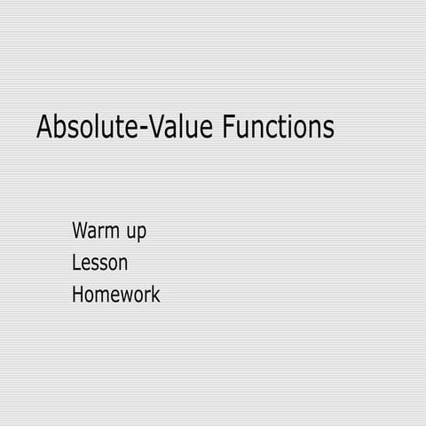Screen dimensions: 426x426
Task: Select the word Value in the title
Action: tap(180, 127)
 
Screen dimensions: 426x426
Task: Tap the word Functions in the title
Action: tap(278, 127)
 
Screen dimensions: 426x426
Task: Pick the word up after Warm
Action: tap(136, 234)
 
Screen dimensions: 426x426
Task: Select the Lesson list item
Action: tap(99, 263)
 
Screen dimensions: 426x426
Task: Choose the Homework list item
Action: tap(115, 295)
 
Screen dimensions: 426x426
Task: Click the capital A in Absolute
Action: tap(44, 127)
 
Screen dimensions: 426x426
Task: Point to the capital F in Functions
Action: tap(228, 127)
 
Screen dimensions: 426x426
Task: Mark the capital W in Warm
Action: tap(81, 232)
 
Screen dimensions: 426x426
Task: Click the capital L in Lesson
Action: tap(76, 263)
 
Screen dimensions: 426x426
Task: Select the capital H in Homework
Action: tap(78, 295)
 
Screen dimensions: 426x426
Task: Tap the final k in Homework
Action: tap(156, 295)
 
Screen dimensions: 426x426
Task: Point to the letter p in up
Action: tap(141, 235)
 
